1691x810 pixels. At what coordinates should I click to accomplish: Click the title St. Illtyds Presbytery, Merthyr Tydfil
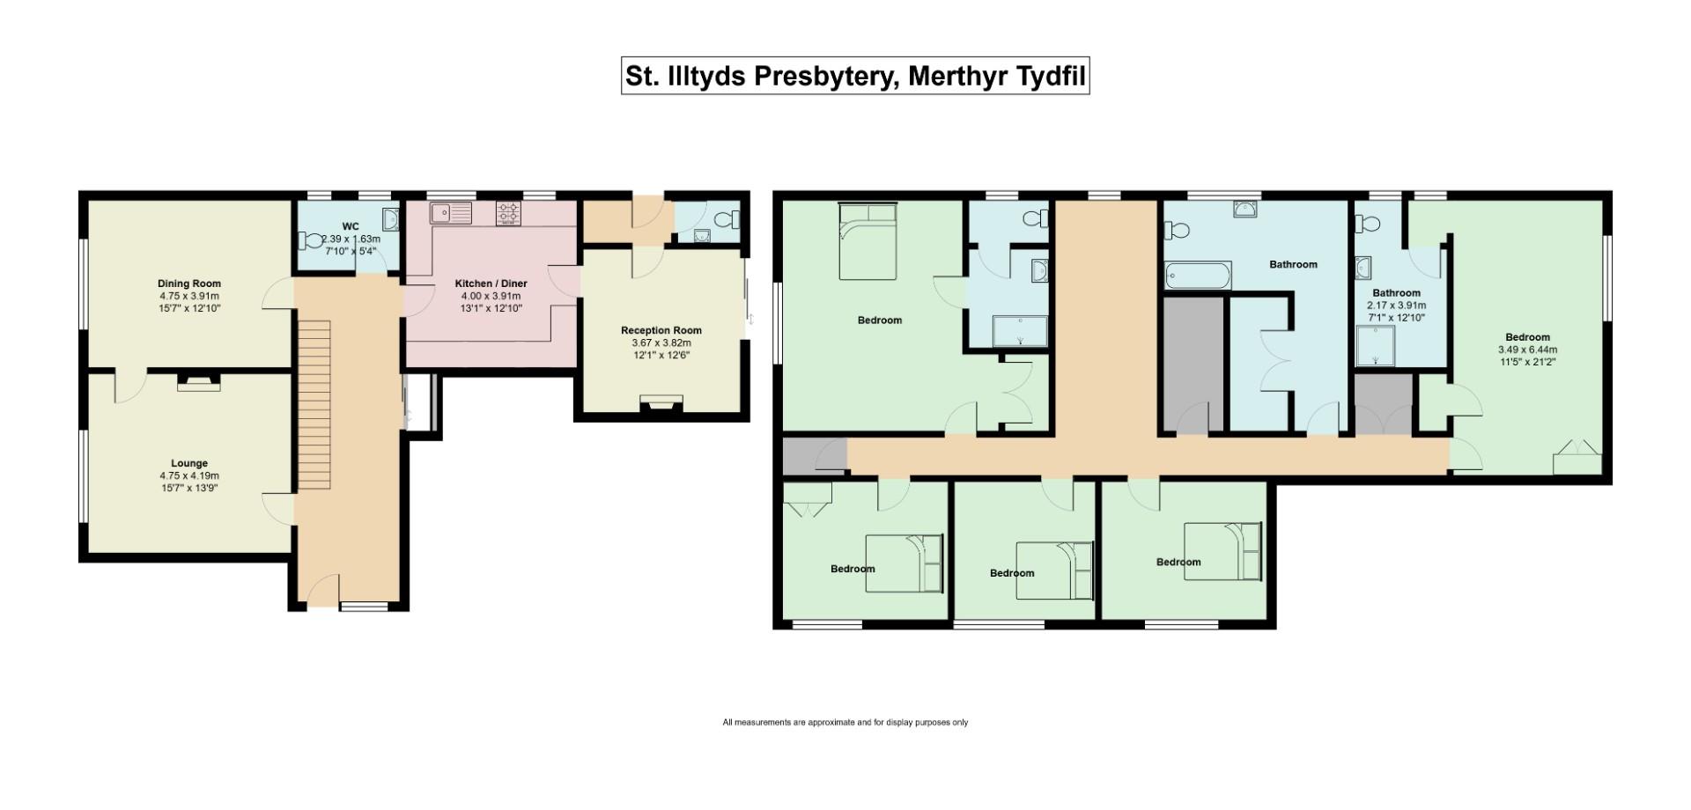[854, 76]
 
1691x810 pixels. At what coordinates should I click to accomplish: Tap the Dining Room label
[189, 283]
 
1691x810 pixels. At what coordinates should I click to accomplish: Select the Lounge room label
[189, 463]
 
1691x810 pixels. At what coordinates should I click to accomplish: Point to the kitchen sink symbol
[451, 213]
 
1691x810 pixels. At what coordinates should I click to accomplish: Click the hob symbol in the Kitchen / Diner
[508, 212]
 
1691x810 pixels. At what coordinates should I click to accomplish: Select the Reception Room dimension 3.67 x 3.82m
[661, 342]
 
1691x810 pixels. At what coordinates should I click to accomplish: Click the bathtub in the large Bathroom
[1198, 276]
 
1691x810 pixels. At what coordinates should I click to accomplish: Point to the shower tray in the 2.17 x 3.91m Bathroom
[1375, 345]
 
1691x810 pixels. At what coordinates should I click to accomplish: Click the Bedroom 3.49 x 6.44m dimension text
[1527, 350]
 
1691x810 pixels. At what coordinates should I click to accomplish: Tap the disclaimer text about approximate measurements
[845, 723]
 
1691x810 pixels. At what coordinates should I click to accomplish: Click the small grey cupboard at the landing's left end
[802, 456]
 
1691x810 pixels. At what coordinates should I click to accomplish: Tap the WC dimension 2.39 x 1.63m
[351, 239]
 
